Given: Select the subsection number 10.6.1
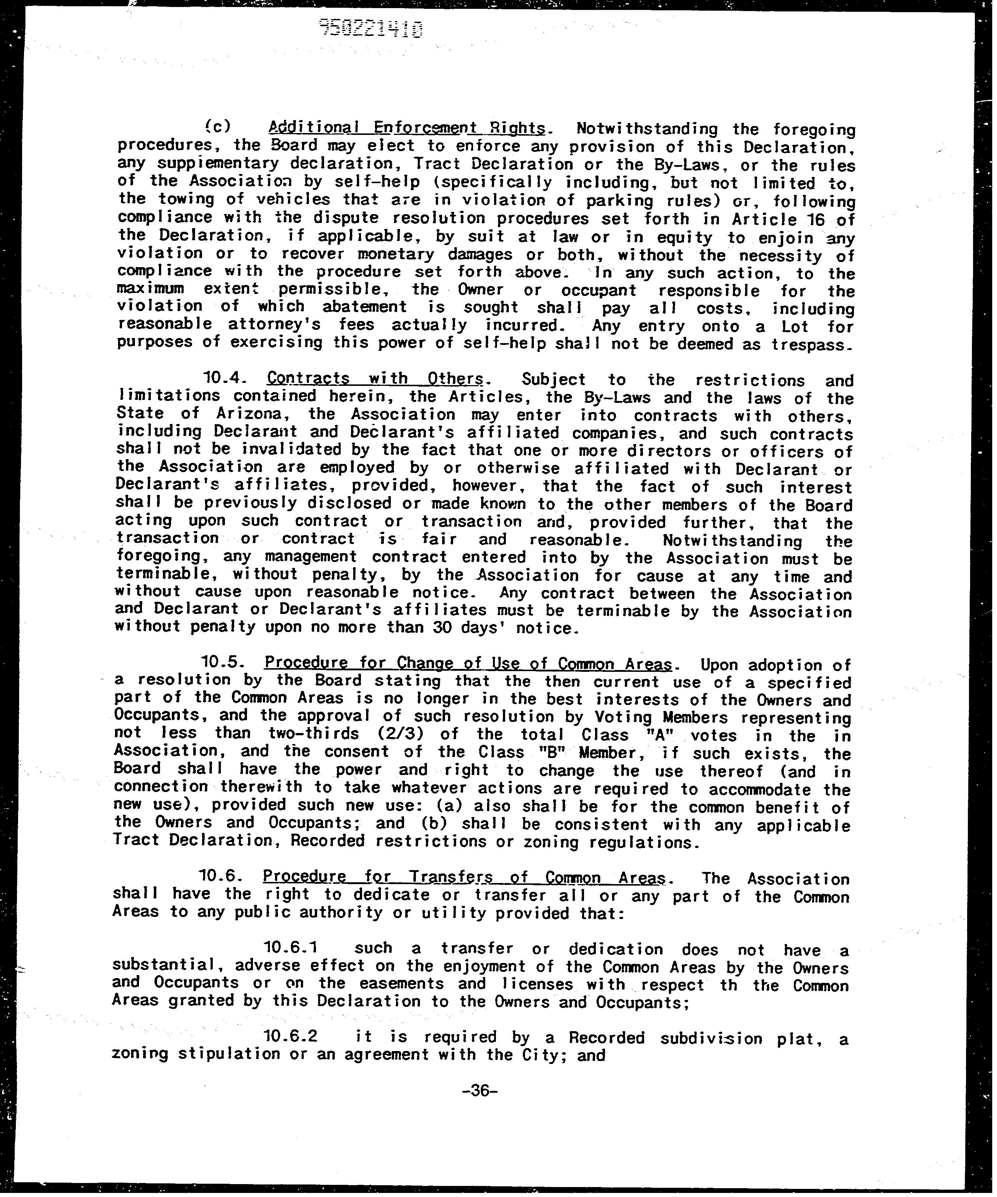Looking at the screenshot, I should pos(291,948).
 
